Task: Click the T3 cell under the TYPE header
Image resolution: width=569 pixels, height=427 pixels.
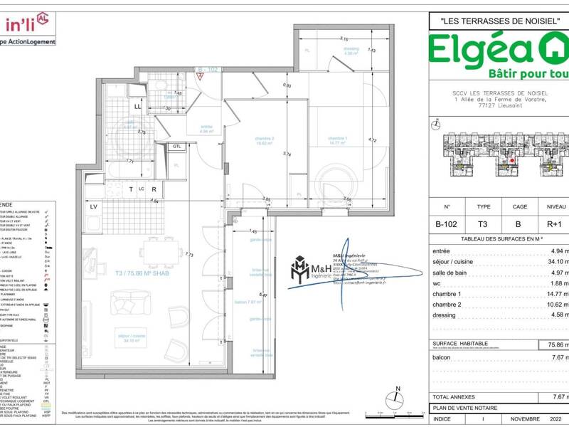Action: pos(484,223)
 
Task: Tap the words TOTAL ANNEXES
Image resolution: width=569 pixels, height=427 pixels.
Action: pos(455,396)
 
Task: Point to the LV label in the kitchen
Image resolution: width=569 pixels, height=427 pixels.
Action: pos(93,207)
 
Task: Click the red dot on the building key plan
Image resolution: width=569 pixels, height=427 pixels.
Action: pos(512,160)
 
